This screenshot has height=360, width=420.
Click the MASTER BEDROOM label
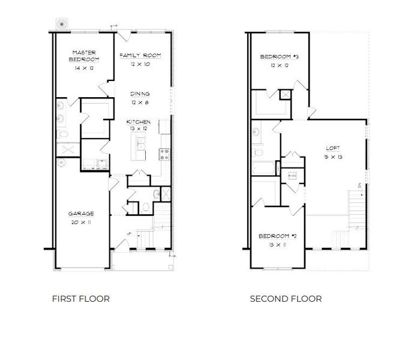click(84, 56)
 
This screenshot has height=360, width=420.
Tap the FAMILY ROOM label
click(140, 55)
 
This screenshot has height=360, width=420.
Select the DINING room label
click(140, 94)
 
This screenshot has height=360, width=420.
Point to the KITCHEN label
click(138, 122)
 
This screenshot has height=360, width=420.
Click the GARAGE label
click(81, 214)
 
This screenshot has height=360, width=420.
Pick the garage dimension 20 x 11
click(81, 222)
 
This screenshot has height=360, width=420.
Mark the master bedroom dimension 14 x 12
click(84, 68)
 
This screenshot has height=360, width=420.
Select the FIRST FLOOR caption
click(81, 298)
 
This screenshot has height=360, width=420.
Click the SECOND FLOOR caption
click(286, 298)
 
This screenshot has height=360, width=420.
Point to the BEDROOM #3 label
click(279, 57)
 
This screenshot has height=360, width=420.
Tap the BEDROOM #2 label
click(278, 236)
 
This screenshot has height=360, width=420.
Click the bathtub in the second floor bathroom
click(263, 167)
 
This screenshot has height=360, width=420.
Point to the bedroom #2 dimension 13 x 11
click(278, 245)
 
